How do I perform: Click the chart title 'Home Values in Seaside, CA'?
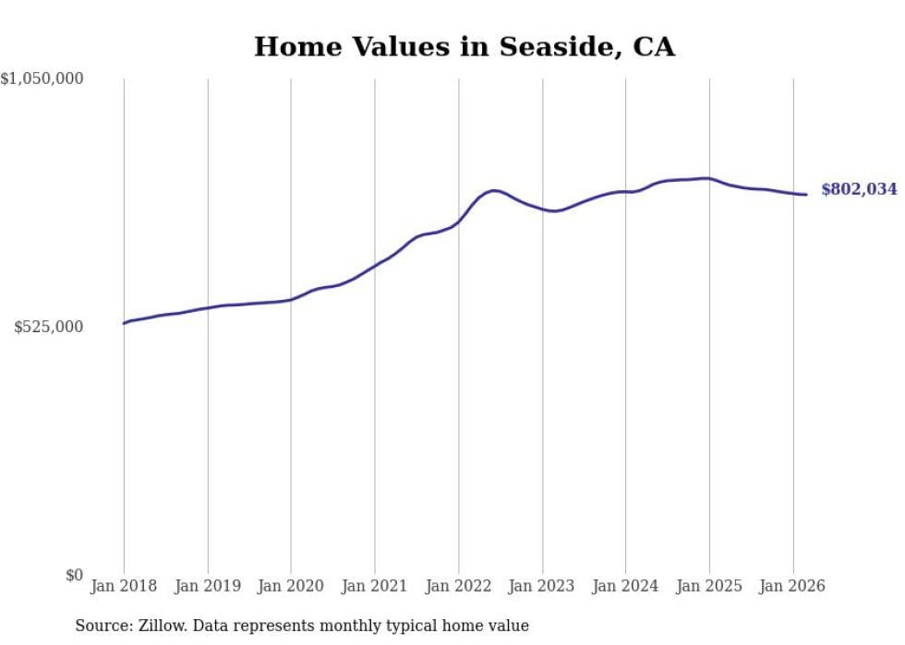tap(465, 47)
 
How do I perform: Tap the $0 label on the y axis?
tap(75, 575)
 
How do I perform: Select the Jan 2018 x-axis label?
tap(124, 586)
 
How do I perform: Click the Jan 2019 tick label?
tap(208, 586)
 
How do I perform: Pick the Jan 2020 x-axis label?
tap(291, 586)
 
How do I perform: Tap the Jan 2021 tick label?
tap(375, 586)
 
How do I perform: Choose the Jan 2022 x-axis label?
tap(459, 586)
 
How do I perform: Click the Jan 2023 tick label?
tap(542, 586)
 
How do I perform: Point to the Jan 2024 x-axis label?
tap(626, 586)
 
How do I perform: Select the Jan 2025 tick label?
tap(709, 586)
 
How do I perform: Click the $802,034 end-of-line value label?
tap(859, 189)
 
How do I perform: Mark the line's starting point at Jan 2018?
tap(124, 323)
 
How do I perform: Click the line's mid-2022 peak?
tap(495, 190)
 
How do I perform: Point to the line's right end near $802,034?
tap(806, 195)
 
